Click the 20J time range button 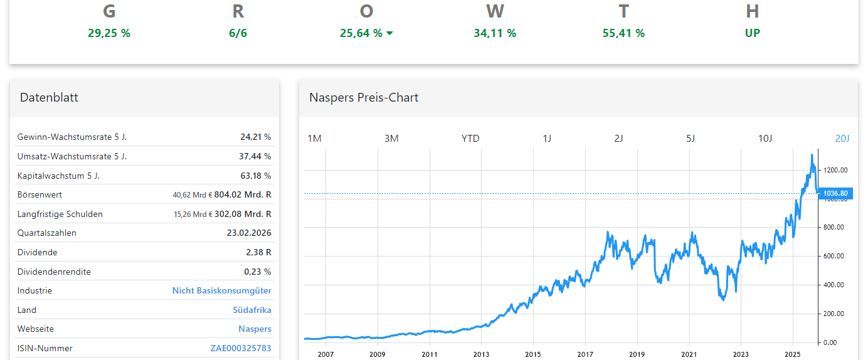842,139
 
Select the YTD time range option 470,139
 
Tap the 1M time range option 314,139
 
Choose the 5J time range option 691,139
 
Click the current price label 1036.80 835,194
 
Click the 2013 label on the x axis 481,354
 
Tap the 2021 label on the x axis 689,354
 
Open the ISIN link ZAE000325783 240,348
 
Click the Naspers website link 255,329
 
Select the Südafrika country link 251,310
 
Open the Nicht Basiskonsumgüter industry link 221,290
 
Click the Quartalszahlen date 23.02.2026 249,233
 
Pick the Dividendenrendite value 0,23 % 257,272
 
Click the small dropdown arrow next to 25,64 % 389,34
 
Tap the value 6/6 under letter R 238,33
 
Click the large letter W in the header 495,11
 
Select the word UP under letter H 752,33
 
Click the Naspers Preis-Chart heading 364,97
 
